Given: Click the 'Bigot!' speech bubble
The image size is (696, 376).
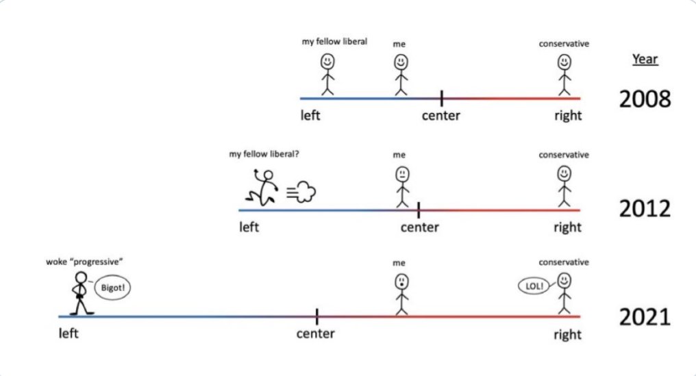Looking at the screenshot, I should pos(111,288).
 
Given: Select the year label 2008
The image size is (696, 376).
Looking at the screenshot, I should pos(645,99).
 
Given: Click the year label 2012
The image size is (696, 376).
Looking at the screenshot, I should pos(645,209).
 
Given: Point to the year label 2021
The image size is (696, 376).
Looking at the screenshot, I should pos(645,317).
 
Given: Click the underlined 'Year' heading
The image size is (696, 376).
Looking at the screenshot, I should pos(645,59).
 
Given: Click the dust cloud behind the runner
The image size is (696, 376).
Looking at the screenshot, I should pos(301,193).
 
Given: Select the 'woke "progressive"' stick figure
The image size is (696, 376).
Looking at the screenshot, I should pos(81,292).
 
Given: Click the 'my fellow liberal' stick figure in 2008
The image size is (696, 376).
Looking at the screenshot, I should pos(327,74).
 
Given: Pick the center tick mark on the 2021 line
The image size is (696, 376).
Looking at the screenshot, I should pos(317,316).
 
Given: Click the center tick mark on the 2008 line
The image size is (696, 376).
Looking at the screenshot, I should pos(441,98).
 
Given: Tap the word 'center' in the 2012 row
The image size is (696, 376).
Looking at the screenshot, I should pos(419,227).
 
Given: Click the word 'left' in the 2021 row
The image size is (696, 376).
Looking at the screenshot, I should pos(69,334).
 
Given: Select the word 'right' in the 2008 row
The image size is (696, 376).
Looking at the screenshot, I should pos(568,115).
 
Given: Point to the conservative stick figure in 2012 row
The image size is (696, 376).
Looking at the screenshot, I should pos(564,186).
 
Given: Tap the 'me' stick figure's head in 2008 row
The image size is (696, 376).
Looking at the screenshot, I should pos(401,62).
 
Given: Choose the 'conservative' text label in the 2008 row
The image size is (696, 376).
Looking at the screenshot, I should pos(564,45).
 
